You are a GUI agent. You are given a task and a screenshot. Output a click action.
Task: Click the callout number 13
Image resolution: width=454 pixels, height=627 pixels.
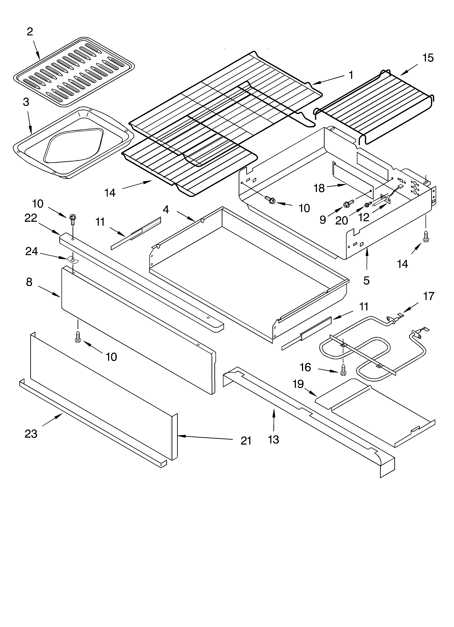(x=274, y=439)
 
